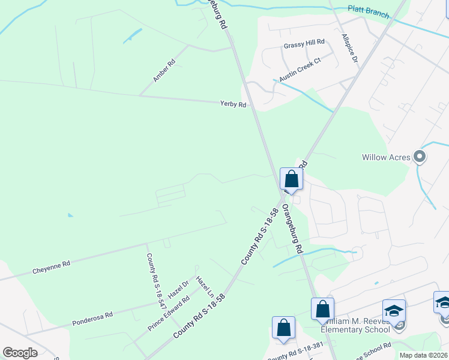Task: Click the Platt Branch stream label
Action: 368,10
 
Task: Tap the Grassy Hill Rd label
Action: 304,42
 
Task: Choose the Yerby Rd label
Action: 233,104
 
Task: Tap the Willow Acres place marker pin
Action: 420,158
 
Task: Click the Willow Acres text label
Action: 386,158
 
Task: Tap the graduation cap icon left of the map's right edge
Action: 394,311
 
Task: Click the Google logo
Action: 20,353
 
